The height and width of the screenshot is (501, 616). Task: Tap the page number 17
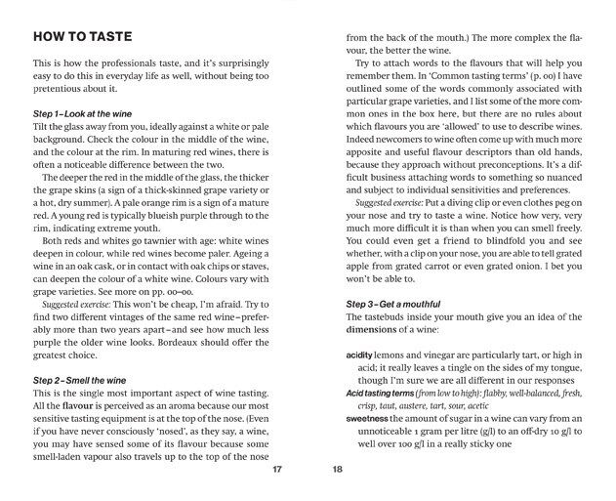(277, 469)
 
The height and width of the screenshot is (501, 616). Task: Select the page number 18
(337, 469)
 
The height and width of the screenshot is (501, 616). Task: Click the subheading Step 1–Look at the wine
(90, 114)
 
